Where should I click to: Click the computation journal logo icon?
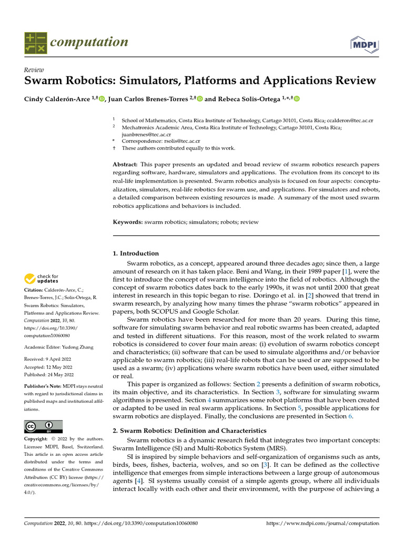click(36, 43)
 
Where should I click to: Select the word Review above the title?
click(34, 70)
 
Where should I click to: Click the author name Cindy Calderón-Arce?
click(57, 98)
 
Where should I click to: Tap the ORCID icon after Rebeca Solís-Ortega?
click(297, 98)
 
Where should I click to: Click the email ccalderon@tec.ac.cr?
click(350, 120)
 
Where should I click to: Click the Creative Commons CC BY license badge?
click(44, 426)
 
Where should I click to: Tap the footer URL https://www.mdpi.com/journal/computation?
click(322, 523)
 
